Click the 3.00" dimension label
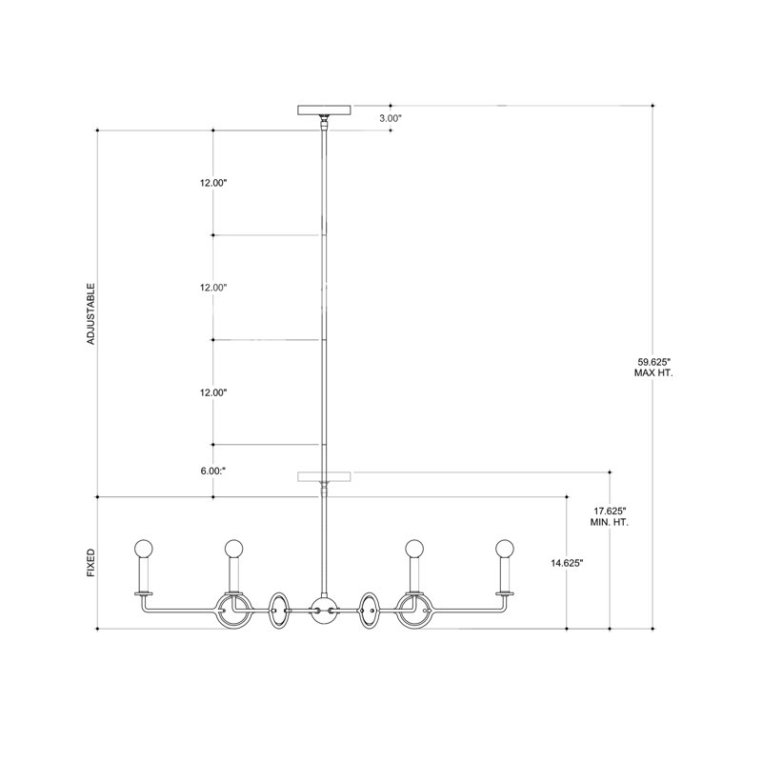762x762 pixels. click(391, 118)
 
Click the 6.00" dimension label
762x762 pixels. click(212, 470)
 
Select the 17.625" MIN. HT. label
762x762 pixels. click(610, 516)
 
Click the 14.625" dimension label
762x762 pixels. click(567, 563)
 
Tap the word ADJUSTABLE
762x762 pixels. click(91, 313)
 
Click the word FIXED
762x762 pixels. click(91, 563)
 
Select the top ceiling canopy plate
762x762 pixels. click(325, 109)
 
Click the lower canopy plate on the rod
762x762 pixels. click(325, 475)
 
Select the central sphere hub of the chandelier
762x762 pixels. click(324, 610)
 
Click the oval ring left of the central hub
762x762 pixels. click(279, 610)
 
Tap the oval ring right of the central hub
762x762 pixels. click(369, 610)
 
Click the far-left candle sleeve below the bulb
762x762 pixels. click(144, 574)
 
